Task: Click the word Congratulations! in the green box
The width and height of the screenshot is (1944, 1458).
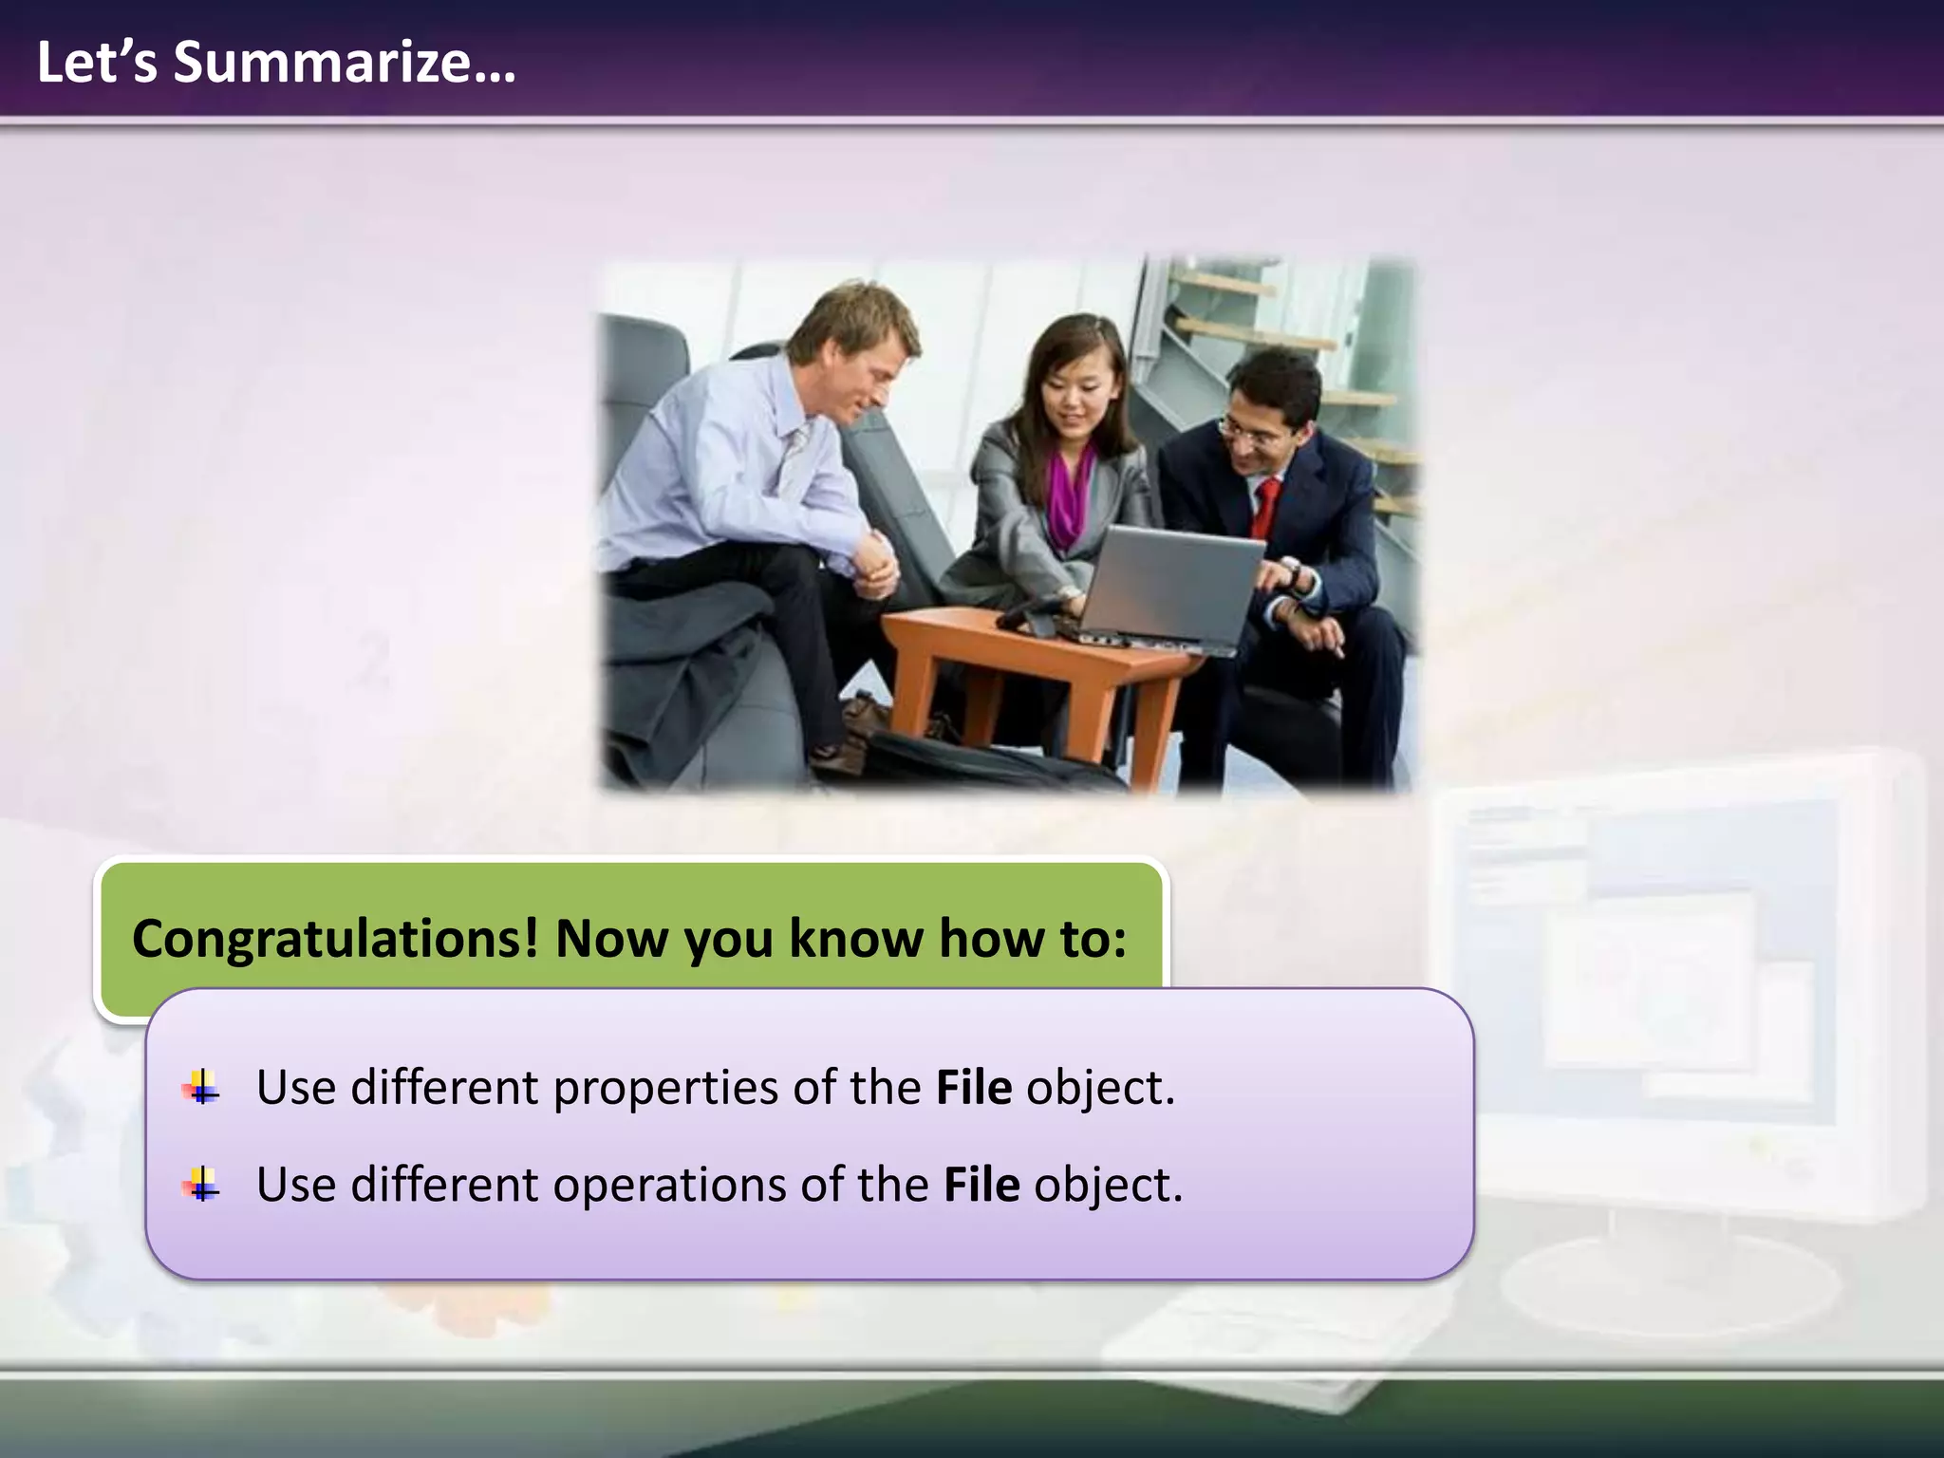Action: coord(334,939)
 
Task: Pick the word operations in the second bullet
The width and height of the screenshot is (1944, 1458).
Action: coord(669,1186)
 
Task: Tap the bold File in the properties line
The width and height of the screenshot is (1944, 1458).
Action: coord(973,1088)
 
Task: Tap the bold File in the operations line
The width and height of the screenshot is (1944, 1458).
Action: coord(981,1186)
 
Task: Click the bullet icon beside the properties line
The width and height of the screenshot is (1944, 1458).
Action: coord(201,1088)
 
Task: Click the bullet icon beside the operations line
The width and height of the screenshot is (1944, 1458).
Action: coord(201,1186)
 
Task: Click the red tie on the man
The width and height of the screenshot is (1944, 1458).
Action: coord(1265,508)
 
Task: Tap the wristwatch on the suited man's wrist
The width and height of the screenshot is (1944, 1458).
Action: coord(1292,573)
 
